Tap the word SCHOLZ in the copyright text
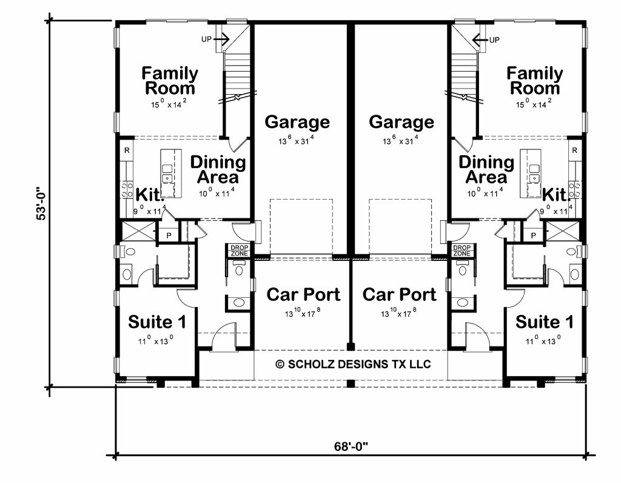click(309, 364)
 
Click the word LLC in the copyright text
click(420, 364)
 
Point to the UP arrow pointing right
click(221, 40)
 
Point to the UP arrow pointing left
click(480, 40)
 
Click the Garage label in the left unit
click(297, 122)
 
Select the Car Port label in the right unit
click(399, 295)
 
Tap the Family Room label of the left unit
click(170, 81)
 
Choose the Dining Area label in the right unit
click(486, 170)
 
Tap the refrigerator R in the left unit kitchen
click(127, 150)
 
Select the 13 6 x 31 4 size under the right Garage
click(401, 141)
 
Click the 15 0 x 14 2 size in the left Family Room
click(170, 104)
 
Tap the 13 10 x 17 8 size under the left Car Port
click(303, 313)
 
